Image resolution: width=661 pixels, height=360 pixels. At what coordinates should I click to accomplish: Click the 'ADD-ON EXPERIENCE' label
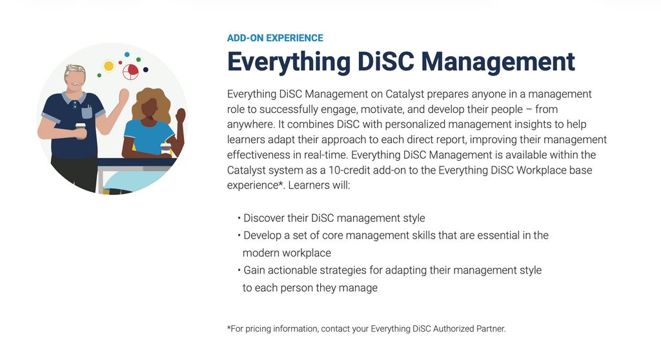(x=275, y=38)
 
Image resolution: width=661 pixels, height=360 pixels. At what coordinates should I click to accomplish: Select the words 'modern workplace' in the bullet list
(x=287, y=253)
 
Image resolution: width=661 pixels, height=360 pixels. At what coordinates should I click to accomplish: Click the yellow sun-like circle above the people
(x=108, y=66)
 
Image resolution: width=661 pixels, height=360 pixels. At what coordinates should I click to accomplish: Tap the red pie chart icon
(x=130, y=72)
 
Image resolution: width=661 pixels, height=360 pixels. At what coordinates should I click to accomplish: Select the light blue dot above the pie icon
(x=127, y=54)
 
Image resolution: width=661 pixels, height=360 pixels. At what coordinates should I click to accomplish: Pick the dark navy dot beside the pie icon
(x=146, y=70)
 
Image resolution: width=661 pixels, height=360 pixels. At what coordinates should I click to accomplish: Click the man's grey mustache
(x=76, y=84)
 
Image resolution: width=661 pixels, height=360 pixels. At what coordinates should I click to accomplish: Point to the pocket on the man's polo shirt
(x=87, y=112)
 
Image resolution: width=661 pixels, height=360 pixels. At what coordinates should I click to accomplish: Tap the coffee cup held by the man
(x=81, y=130)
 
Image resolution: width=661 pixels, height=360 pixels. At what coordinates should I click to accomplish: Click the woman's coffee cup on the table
(x=166, y=148)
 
